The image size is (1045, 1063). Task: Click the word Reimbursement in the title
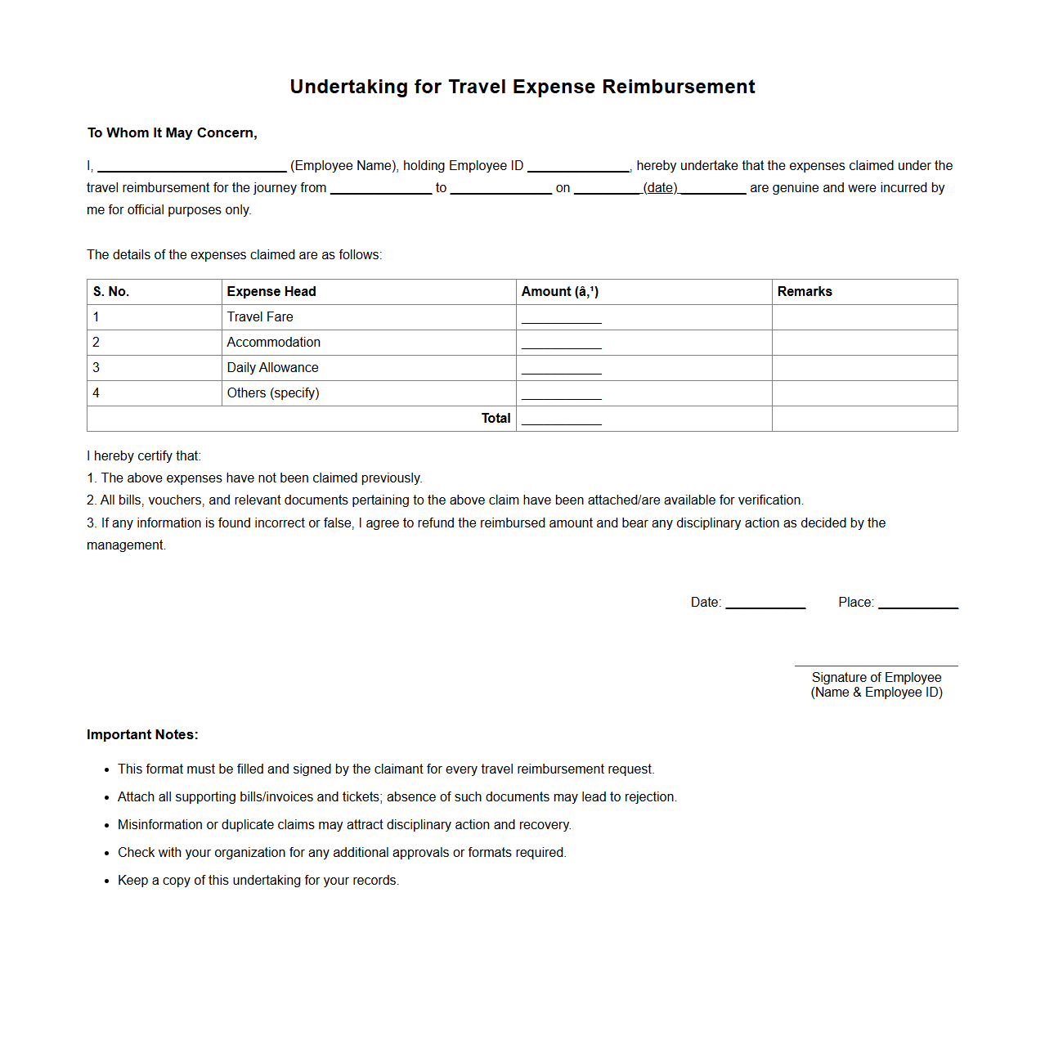click(x=679, y=87)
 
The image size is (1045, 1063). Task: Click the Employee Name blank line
click(x=191, y=168)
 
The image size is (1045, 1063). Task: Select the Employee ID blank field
click(x=578, y=168)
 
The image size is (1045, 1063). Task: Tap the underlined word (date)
click(x=660, y=188)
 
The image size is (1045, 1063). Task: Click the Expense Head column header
click(x=271, y=292)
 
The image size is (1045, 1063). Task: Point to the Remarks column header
click(x=805, y=292)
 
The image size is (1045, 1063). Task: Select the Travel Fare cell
click(x=260, y=317)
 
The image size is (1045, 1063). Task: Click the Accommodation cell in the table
click(x=274, y=343)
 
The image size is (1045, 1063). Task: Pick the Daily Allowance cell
click(x=273, y=368)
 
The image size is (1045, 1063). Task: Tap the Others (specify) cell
click(x=273, y=393)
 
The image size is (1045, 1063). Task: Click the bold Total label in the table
click(x=496, y=419)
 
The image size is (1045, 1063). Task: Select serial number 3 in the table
click(x=96, y=368)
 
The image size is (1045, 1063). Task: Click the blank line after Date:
click(x=765, y=605)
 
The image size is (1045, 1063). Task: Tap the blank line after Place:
click(x=917, y=605)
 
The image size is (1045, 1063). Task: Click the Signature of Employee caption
click(x=877, y=678)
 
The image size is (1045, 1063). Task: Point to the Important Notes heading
click(x=142, y=735)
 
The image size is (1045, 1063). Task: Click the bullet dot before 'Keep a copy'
click(x=106, y=881)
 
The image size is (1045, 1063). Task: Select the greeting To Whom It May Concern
click(x=173, y=133)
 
